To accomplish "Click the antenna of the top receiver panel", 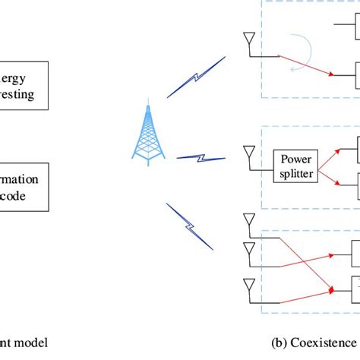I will [x=248, y=39].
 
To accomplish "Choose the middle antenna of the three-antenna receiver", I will [x=248, y=248].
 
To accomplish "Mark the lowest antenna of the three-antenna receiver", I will [x=248, y=286].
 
